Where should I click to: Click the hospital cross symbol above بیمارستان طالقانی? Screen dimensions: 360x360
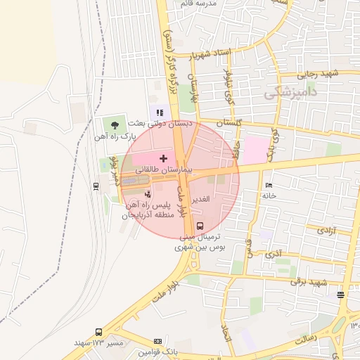(164, 159)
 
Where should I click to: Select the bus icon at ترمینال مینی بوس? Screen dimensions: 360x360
(200, 226)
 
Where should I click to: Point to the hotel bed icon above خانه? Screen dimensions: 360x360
(269, 185)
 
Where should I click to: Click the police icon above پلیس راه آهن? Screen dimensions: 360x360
(148, 193)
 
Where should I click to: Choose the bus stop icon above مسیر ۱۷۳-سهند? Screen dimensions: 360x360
(98, 331)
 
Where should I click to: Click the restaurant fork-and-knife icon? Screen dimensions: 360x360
(160, 112)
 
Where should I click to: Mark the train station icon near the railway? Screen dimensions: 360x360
(96, 186)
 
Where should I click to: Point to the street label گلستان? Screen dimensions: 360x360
(229, 122)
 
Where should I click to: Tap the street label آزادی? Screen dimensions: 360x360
(326, 230)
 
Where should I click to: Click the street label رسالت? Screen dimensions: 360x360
(309, 339)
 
